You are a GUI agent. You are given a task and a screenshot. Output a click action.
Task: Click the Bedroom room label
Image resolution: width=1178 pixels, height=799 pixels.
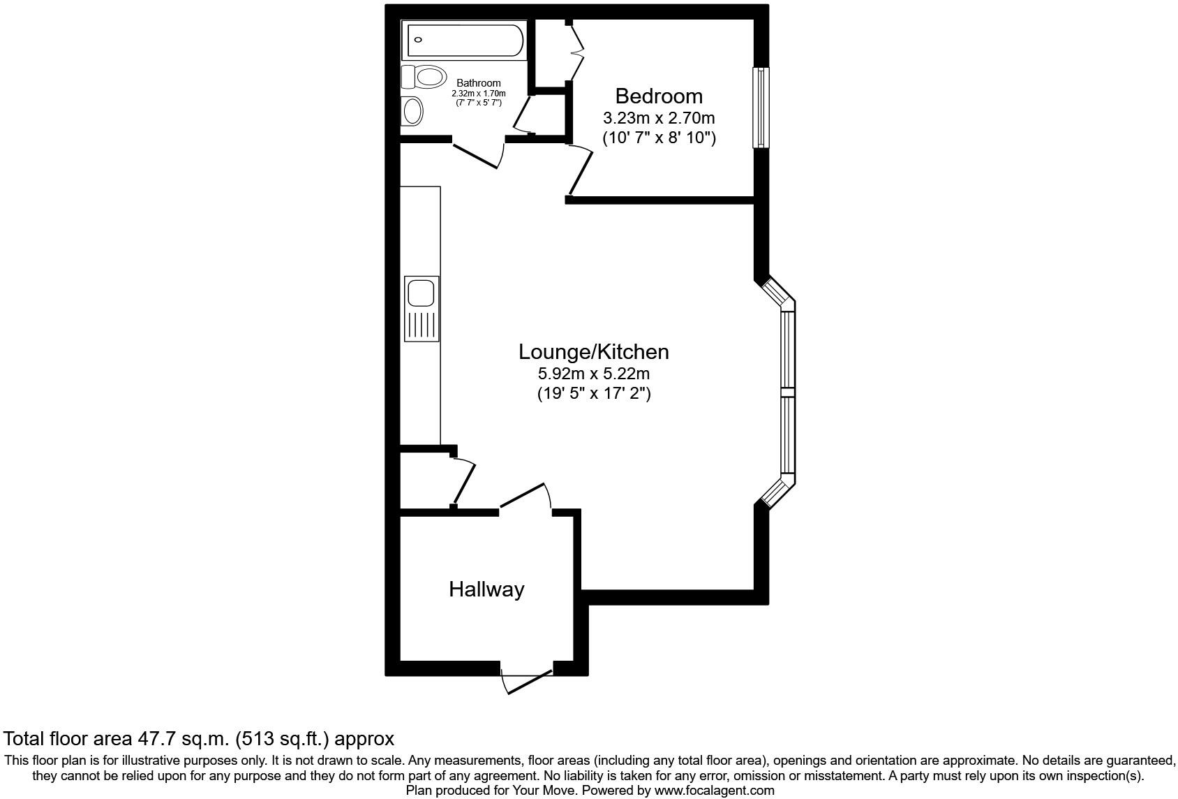click(658, 96)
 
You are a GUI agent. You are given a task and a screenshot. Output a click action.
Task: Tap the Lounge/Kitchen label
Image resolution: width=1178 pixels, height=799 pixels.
click(593, 351)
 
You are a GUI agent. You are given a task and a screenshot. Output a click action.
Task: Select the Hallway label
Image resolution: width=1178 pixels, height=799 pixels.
click(486, 589)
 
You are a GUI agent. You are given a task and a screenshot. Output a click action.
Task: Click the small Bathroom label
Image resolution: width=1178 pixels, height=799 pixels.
click(479, 83)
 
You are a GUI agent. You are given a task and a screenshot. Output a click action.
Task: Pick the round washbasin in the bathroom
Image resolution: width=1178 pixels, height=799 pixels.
click(413, 111)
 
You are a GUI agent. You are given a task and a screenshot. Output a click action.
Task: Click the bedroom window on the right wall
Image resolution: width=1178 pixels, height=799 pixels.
click(760, 108)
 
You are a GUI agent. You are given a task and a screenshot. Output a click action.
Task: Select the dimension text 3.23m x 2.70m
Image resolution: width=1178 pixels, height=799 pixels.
click(658, 118)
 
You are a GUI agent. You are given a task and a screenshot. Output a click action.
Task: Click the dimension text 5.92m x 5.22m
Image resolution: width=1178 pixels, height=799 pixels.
click(593, 374)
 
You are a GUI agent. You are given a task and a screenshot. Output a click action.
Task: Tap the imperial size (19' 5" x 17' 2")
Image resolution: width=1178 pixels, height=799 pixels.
click(593, 394)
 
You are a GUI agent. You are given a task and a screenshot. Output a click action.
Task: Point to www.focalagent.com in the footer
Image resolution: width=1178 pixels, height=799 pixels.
click(714, 791)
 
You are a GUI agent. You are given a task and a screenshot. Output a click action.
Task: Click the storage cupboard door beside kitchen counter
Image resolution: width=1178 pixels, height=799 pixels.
click(464, 482)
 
